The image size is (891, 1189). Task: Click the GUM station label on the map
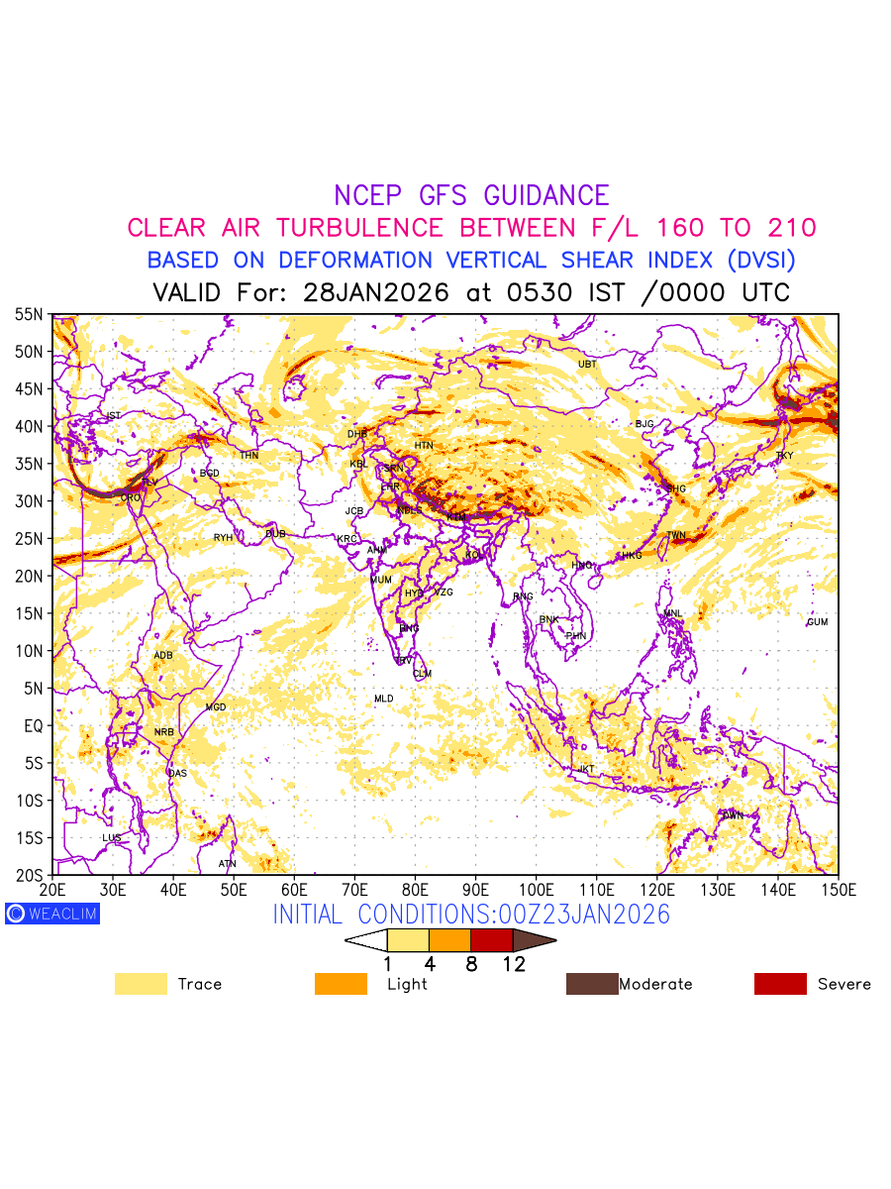coord(817,622)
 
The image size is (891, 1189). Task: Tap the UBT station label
coord(587,365)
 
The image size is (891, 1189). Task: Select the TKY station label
coord(784,456)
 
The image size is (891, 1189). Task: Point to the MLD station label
coord(383,700)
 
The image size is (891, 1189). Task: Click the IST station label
coord(113,416)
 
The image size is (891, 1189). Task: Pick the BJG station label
coord(644,424)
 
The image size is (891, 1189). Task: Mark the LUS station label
coord(112,838)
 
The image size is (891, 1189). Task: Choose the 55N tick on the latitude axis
coord(29,315)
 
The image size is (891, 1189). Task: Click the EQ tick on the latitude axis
coord(34,726)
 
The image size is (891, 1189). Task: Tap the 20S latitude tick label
coord(29,875)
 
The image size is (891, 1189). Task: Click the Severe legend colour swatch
coord(780,984)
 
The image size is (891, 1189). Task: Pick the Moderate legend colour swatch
coord(591,984)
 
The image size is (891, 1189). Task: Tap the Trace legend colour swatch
coord(141,984)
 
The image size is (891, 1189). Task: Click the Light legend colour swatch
coord(341,984)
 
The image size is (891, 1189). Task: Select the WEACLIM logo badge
coord(51,914)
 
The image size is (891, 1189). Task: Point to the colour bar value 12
coord(513,964)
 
